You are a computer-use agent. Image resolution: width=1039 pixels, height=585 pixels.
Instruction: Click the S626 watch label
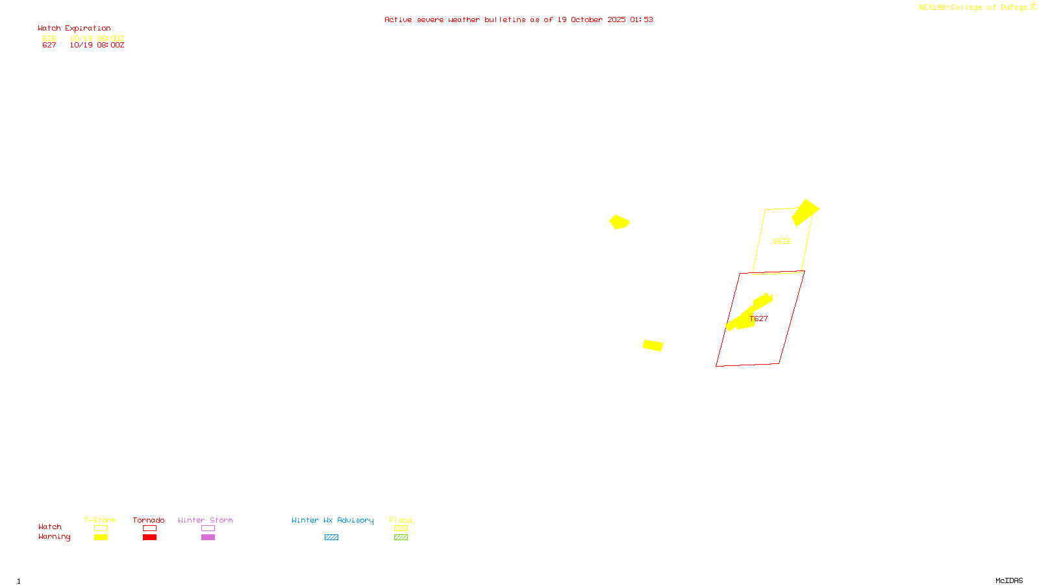pos(782,241)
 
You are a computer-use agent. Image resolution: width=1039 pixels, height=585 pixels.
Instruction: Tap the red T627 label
pos(759,318)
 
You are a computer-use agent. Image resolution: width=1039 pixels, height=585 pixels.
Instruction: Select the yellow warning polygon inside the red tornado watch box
pos(747,316)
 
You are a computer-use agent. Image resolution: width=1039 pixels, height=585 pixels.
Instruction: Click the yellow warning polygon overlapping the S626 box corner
pos(805,212)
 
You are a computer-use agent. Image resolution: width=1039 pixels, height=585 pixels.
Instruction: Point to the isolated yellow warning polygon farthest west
pos(619,222)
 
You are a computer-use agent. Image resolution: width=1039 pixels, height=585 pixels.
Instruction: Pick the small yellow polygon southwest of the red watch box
pos(653,345)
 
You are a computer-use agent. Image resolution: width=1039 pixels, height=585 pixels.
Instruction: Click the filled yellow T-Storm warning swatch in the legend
pos(101,538)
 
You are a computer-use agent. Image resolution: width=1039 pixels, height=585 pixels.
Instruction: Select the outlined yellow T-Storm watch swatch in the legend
pos(101,528)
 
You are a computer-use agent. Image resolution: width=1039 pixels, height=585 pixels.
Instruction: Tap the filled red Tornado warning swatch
pos(149,538)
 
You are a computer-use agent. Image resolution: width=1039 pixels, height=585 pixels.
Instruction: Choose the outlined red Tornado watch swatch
pos(149,528)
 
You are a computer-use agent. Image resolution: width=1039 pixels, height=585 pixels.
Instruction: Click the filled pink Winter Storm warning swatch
pos(208,538)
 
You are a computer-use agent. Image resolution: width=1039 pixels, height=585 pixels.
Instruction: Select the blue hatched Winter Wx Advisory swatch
pos(331,538)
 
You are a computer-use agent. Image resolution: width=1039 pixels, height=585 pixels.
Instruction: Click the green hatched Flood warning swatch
pos(401,538)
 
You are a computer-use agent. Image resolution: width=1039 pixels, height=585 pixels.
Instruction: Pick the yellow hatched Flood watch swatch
pos(401,528)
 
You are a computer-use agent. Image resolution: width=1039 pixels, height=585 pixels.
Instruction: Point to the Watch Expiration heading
pos(74,29)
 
